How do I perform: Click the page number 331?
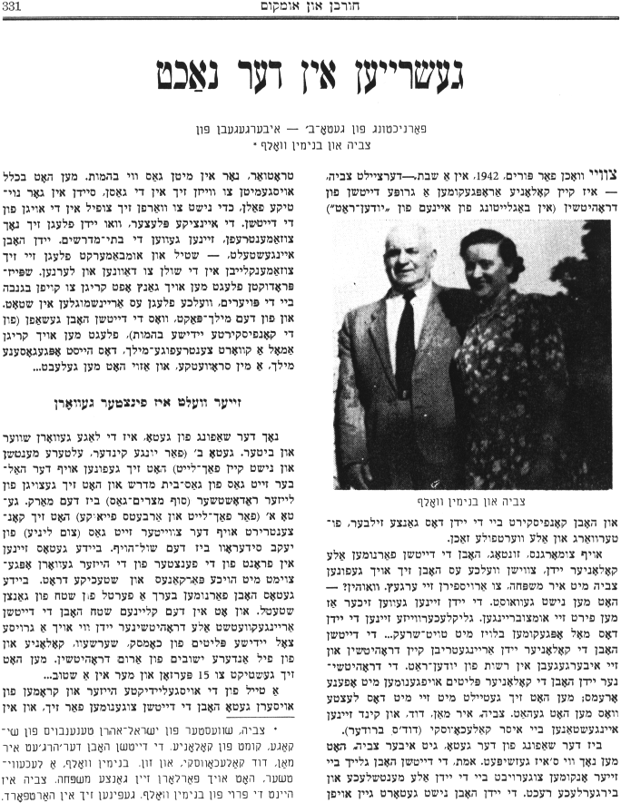coord(16,8)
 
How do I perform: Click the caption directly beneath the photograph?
coord(462,499)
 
